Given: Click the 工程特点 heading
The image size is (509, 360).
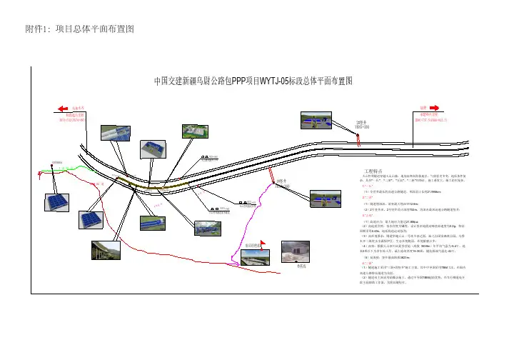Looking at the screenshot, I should click(x=374, y=172).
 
